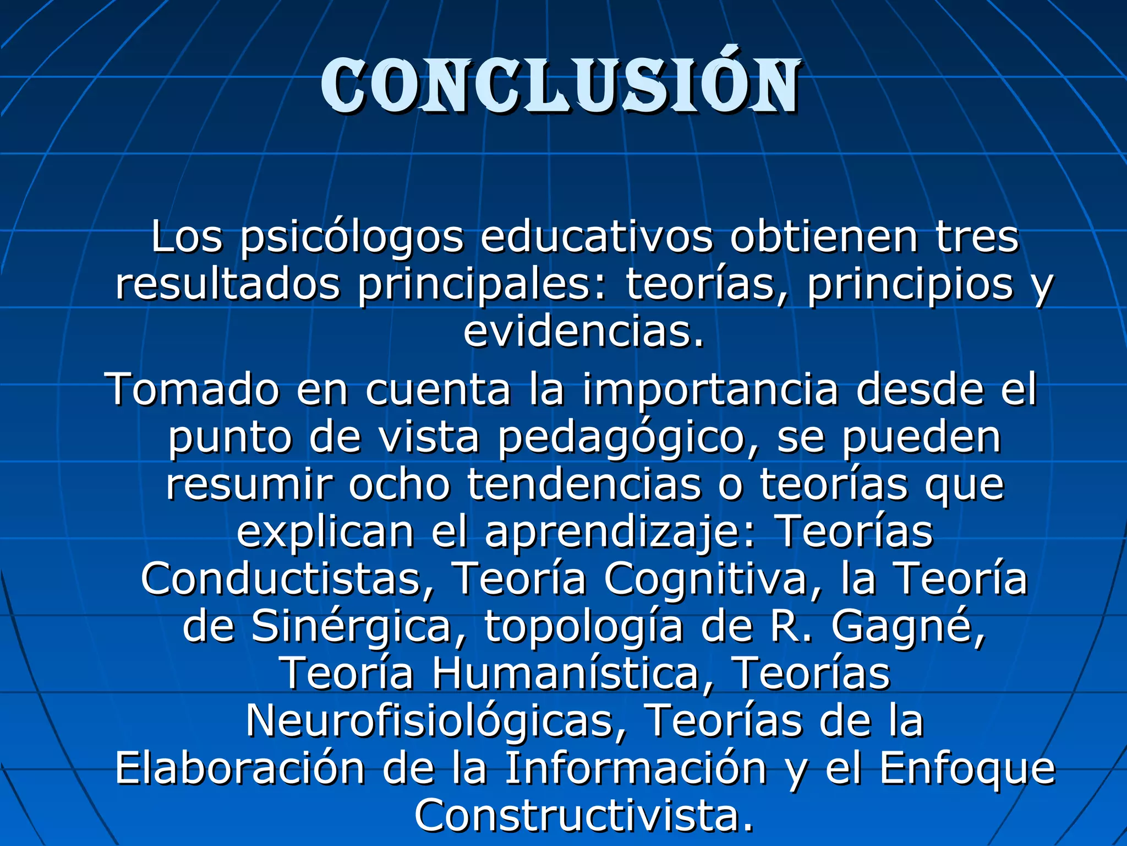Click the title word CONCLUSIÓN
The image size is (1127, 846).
pos(560,87)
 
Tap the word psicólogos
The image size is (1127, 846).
pos(352,238)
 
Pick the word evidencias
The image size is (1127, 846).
pos(583,332)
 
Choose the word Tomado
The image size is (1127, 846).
pos(195,389)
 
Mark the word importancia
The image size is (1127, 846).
pos(710,389)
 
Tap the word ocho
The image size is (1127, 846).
pos(399,485)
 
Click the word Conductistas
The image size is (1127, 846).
pos(287,579)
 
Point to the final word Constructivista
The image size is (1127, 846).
pos(583,816)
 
